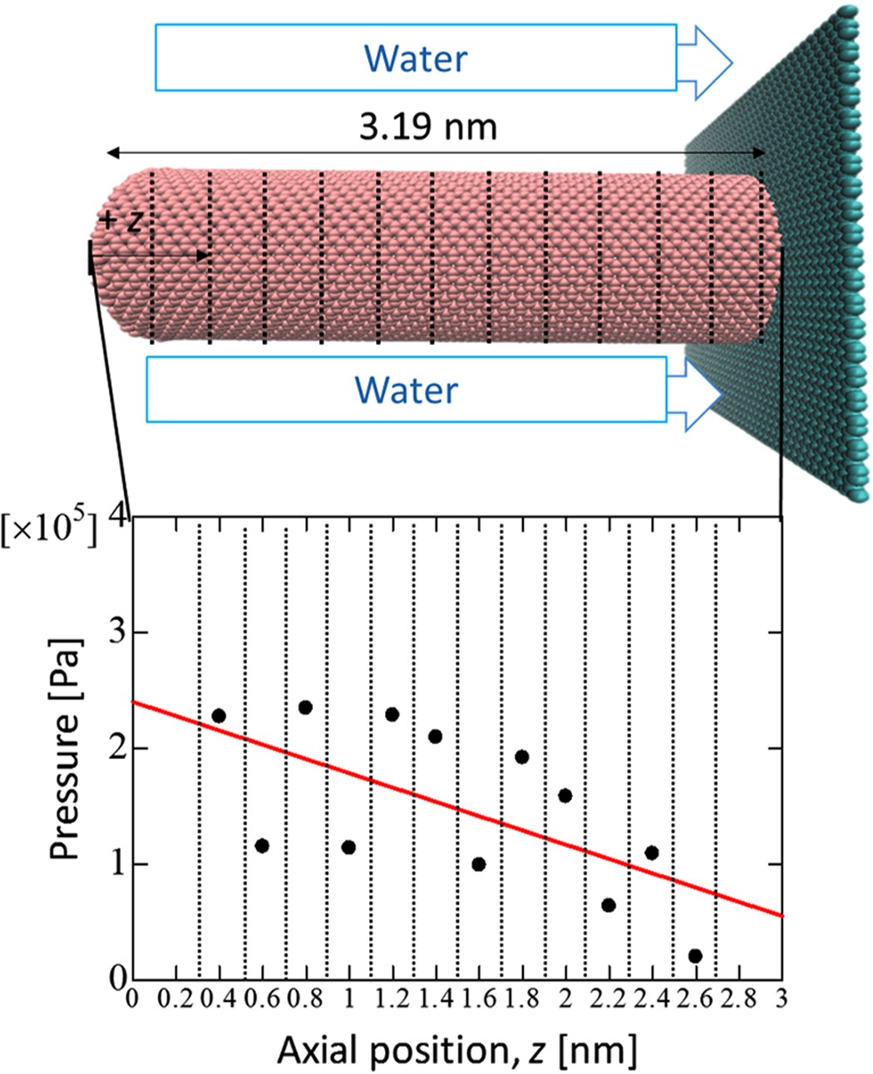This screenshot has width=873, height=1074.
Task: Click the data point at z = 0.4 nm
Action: [x=219, y=716]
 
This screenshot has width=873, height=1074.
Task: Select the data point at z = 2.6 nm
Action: [x=695, y=956]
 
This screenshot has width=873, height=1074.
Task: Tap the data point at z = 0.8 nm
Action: [x=305, y=707]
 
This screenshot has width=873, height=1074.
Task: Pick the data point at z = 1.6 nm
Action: [x=478, y=865]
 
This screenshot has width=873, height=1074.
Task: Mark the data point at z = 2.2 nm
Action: [x=609, y=905]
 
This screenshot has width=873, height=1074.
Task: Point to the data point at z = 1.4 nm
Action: [x=435, y=737]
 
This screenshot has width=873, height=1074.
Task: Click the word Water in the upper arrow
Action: [x=416, y=58]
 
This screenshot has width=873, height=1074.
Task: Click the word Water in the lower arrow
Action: [x=406, y=390]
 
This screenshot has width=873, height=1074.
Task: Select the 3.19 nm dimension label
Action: [x=427, y=127]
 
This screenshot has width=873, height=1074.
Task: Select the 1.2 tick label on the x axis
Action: [x=392, y=998]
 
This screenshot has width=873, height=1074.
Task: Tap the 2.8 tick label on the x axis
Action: [x=738, y=998]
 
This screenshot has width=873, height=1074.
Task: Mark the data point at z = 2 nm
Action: [x=565, y=796]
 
